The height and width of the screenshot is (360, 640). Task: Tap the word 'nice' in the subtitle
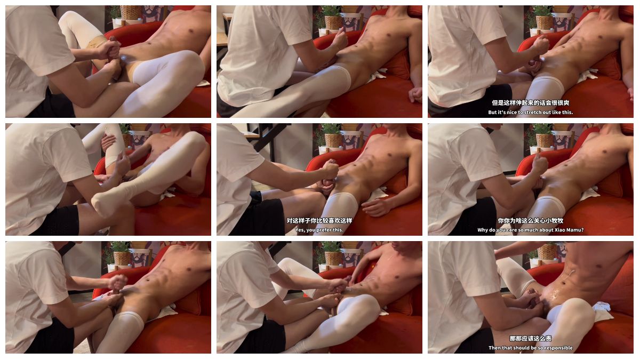(511, 113)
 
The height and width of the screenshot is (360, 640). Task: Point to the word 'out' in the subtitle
(547, 113)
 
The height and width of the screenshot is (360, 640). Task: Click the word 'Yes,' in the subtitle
(300, 230)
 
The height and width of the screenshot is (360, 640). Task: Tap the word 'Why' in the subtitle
(483, 230)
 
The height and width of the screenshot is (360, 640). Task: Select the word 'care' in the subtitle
(515, 230)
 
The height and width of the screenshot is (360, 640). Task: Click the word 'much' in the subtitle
(534, 230)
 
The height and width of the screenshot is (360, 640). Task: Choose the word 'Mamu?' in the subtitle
(574, 230)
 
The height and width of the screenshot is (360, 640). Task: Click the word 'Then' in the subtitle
(494, 348)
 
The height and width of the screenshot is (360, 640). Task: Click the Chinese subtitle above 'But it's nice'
(530, 103)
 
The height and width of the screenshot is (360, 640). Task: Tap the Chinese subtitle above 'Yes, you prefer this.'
(319, 221)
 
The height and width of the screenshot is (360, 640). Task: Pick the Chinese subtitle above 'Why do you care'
(530, 221)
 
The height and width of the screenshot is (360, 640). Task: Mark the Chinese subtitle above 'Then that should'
(530, 339)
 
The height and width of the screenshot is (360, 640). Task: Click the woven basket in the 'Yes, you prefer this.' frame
(333, 141)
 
